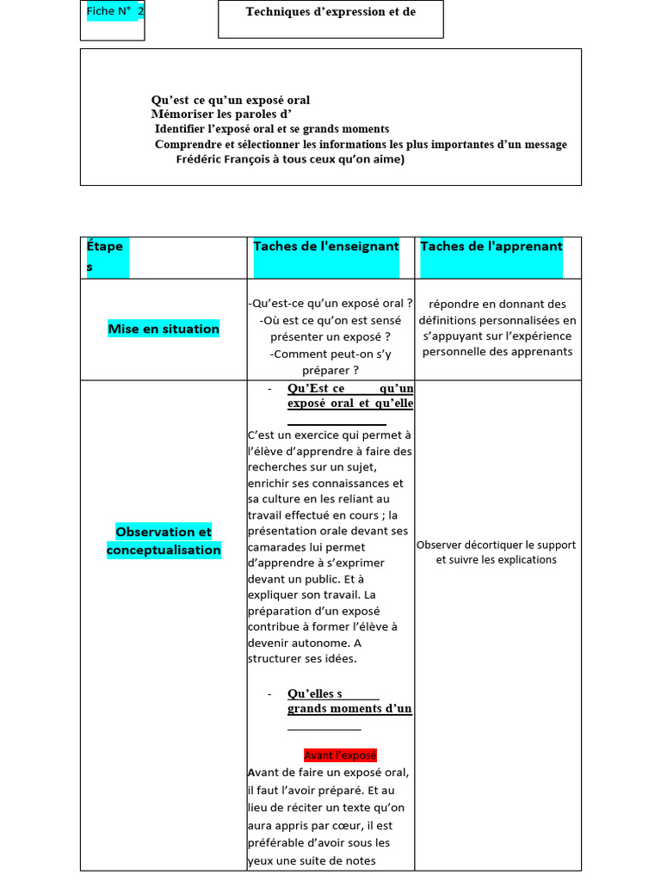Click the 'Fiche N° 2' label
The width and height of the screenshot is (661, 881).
(115, 11)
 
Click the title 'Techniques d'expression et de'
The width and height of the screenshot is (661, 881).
(330, 12)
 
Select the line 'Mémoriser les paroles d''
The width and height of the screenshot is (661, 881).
(221, 114)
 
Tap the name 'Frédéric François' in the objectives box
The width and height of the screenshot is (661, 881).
(220, 159)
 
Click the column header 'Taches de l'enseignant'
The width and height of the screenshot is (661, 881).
(326, 247)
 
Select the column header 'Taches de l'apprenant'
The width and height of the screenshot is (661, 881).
(491, 247)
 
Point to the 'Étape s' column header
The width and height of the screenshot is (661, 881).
(105, 256)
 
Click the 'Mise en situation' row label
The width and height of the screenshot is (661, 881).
(164, 329)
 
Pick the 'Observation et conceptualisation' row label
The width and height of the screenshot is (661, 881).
(164, 540)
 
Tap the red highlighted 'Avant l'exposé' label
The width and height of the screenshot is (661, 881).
(340, 755)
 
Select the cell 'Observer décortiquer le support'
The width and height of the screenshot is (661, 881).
(497, 545)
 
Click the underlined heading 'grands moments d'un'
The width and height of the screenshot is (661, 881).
(349, 709)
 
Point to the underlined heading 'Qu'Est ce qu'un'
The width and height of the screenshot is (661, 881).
(349, 389)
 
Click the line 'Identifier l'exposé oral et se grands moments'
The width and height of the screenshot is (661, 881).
(272, 129)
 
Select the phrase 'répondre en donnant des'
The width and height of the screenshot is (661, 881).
(497, 304)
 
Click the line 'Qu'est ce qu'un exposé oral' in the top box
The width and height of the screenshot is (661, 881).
(231, 100)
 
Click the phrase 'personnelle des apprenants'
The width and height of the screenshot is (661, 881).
(497, 352)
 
